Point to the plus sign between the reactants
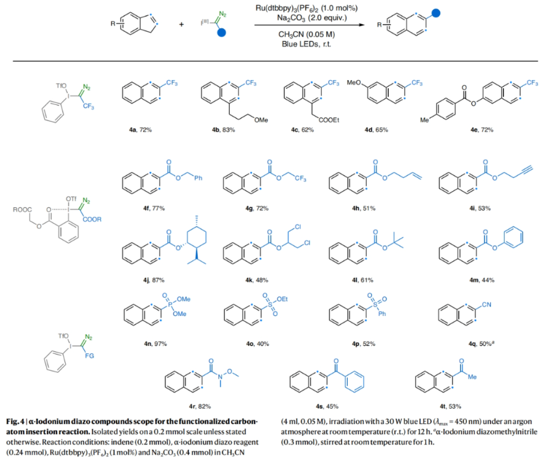[180, 25]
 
